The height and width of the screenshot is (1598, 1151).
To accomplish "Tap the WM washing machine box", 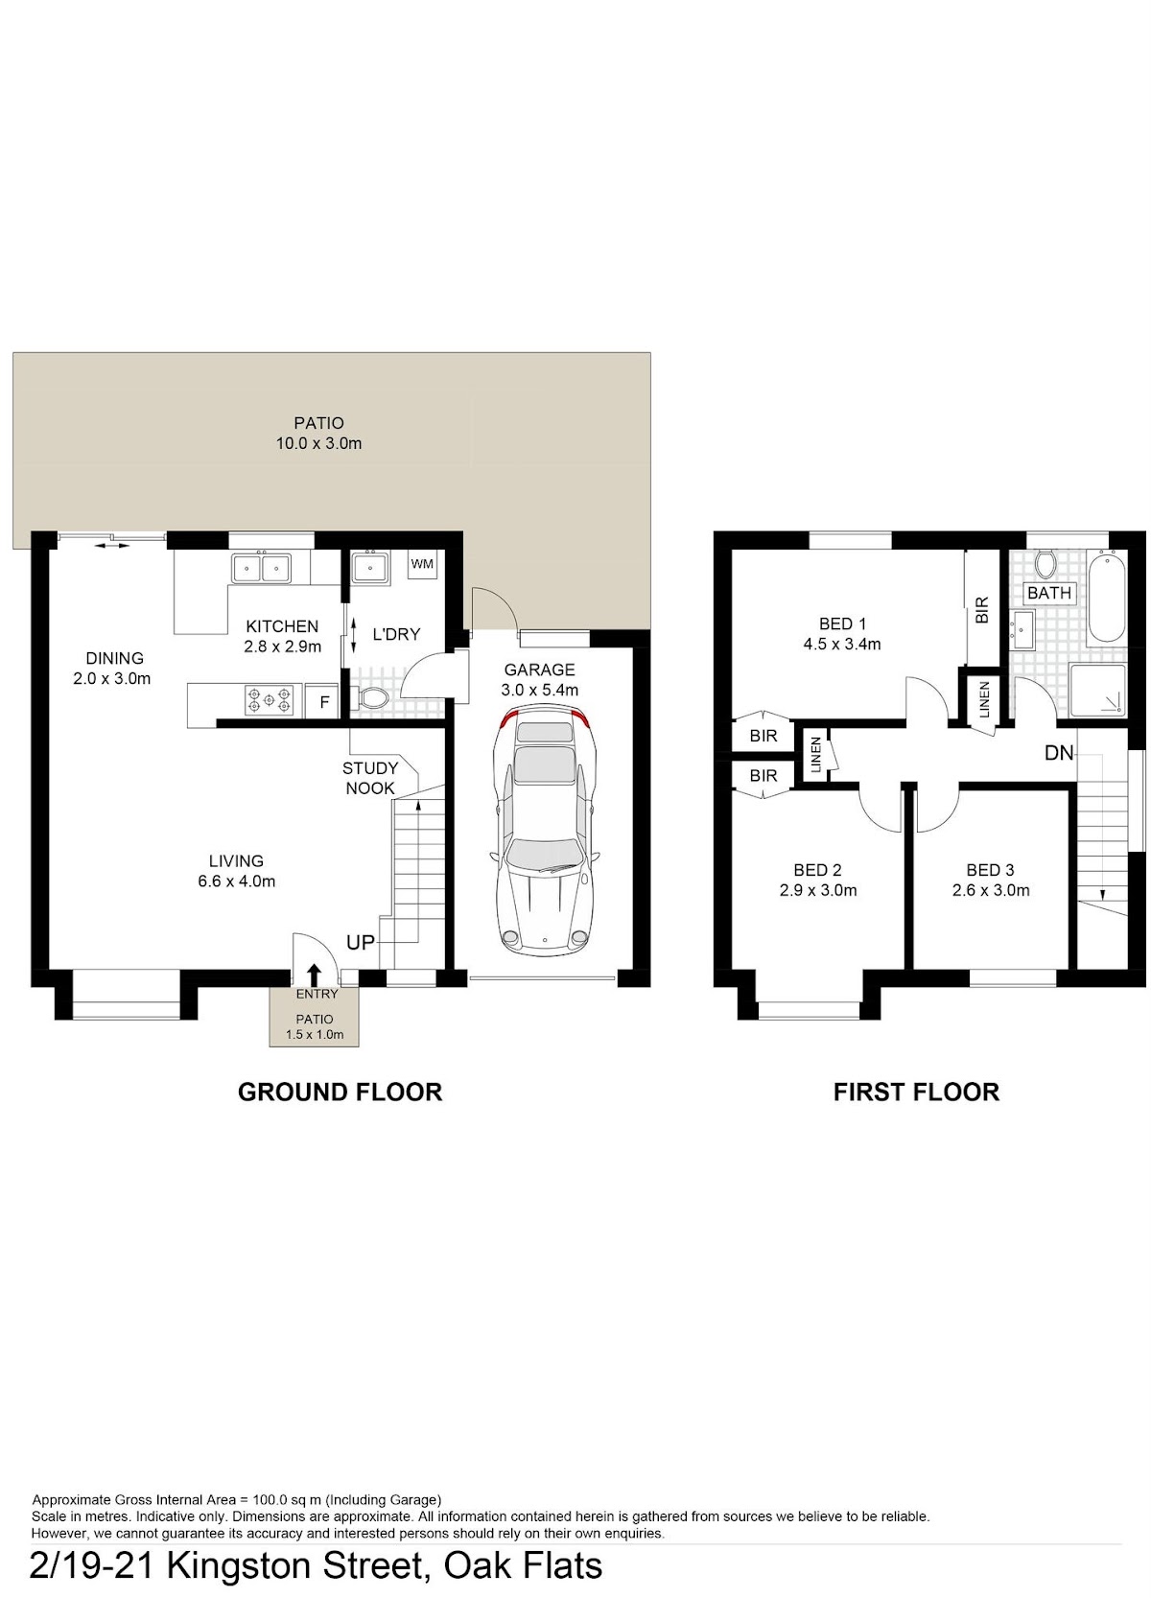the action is point(422,564).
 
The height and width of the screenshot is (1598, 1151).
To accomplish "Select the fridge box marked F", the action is point(324,703).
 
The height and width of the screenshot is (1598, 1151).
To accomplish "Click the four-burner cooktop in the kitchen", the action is point(269,700).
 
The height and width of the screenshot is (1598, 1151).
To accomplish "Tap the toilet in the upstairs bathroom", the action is point(1046,563).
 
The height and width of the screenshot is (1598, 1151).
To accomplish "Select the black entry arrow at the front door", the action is point(314,974).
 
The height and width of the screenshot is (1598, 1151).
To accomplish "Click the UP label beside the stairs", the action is point(361,942).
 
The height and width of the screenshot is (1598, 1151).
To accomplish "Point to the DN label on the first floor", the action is point(1059,753).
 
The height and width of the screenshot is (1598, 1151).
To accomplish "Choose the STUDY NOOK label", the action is point(369,778).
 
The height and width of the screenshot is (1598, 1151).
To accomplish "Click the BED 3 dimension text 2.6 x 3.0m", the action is point(991,890).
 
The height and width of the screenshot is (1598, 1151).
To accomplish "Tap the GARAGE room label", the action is point(539,670).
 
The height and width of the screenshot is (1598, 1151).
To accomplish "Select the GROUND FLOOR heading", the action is point(340,1093).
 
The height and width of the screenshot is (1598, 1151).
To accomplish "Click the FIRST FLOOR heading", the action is point(916,1093).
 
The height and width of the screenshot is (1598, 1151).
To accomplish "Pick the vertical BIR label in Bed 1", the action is point(982,611).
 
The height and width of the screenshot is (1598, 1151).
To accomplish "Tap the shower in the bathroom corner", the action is point(1097,690).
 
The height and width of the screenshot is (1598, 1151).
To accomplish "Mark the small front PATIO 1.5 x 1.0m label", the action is point(314,1026).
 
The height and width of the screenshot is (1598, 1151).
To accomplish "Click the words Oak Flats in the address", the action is point(523,1566).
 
